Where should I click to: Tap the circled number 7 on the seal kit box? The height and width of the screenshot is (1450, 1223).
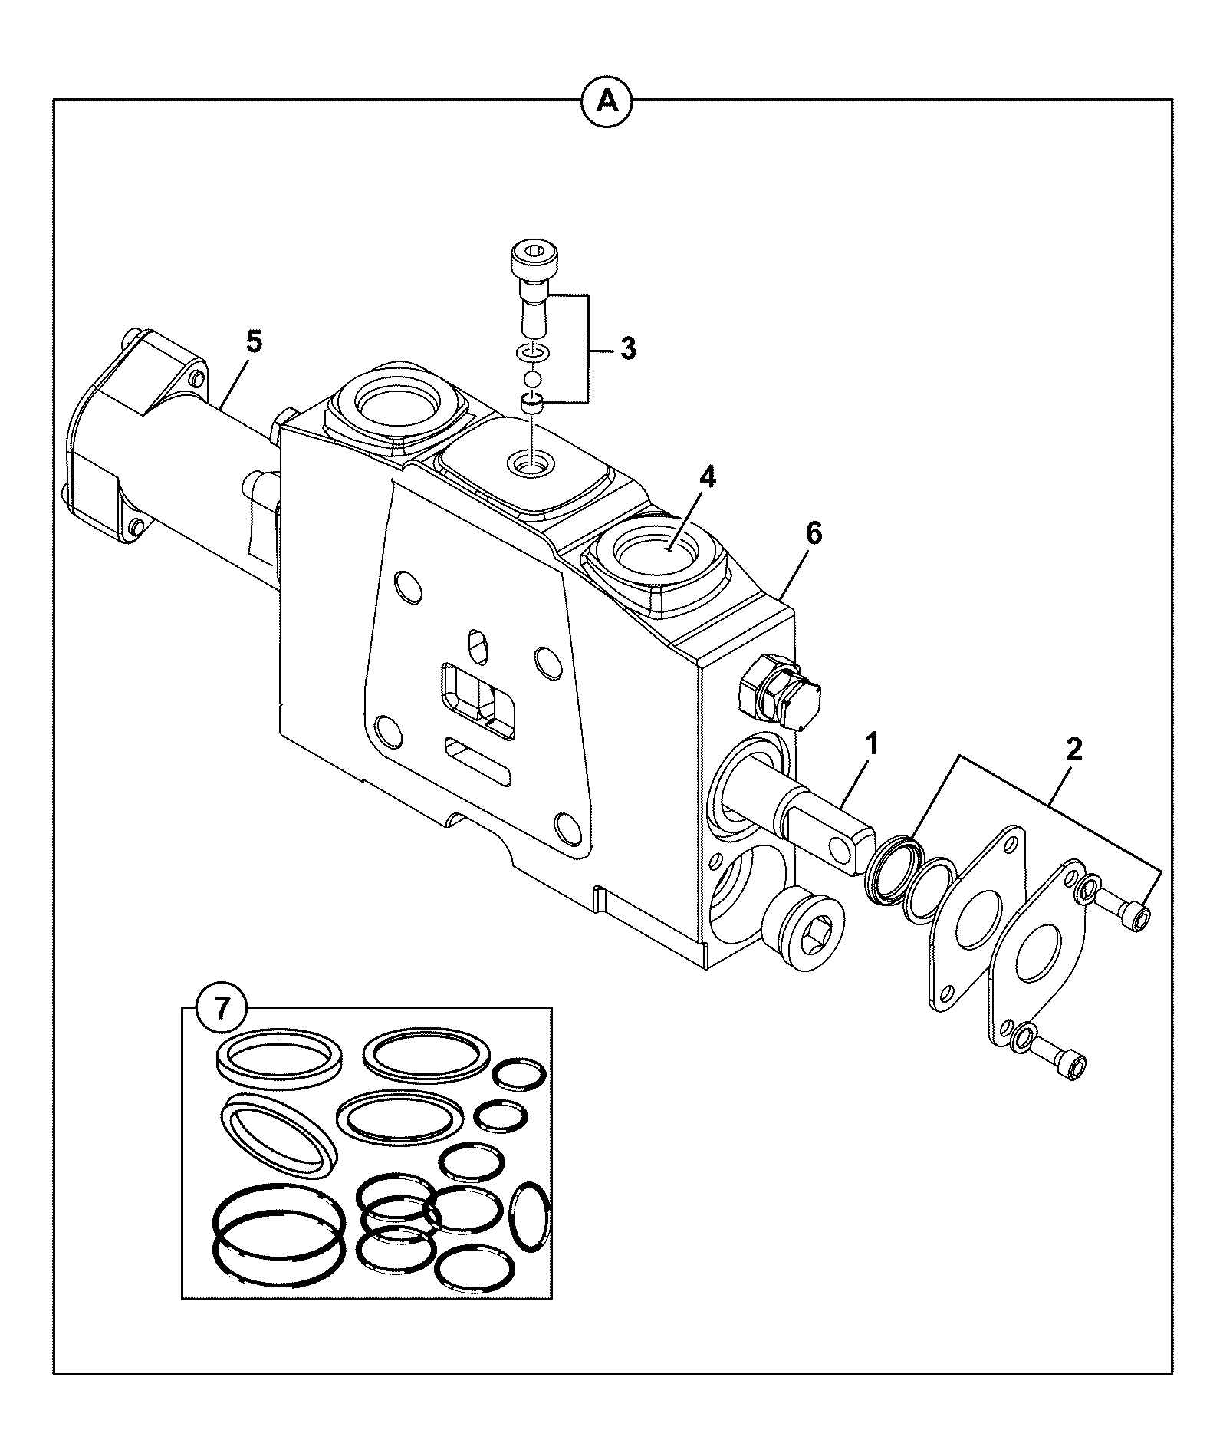(222, 1008)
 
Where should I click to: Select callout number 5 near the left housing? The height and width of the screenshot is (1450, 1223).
(254, 341)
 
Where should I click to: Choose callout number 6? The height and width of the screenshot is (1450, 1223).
(814, 532)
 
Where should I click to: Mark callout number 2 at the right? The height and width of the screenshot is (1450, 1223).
(1074, 749)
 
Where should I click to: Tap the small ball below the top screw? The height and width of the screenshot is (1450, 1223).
(533, 379)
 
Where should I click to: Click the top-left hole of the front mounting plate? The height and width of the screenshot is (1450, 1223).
(407, 587)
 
